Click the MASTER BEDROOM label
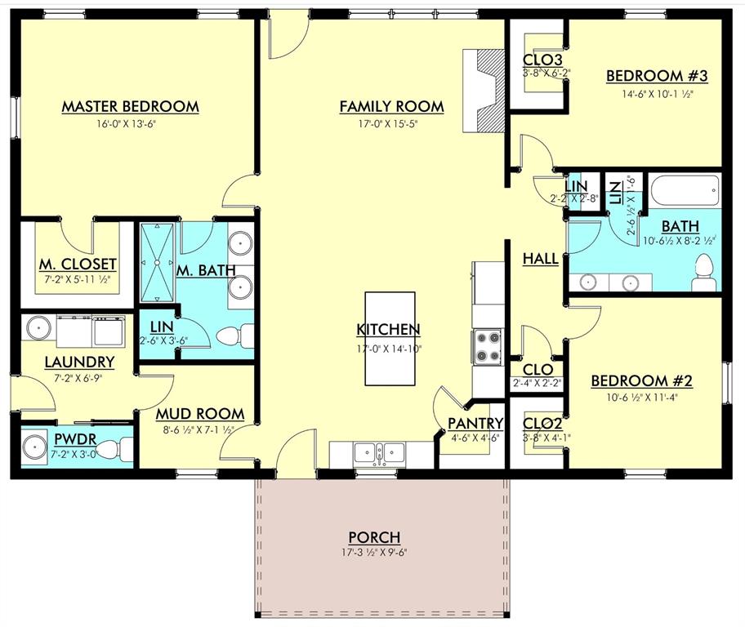131,106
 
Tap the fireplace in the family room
483,88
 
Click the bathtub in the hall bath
685,193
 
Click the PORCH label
374,537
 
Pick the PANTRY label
475,423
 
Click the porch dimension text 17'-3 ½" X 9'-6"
374,553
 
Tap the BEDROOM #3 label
656,76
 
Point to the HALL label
540,259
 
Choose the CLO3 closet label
542,60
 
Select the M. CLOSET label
78,264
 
